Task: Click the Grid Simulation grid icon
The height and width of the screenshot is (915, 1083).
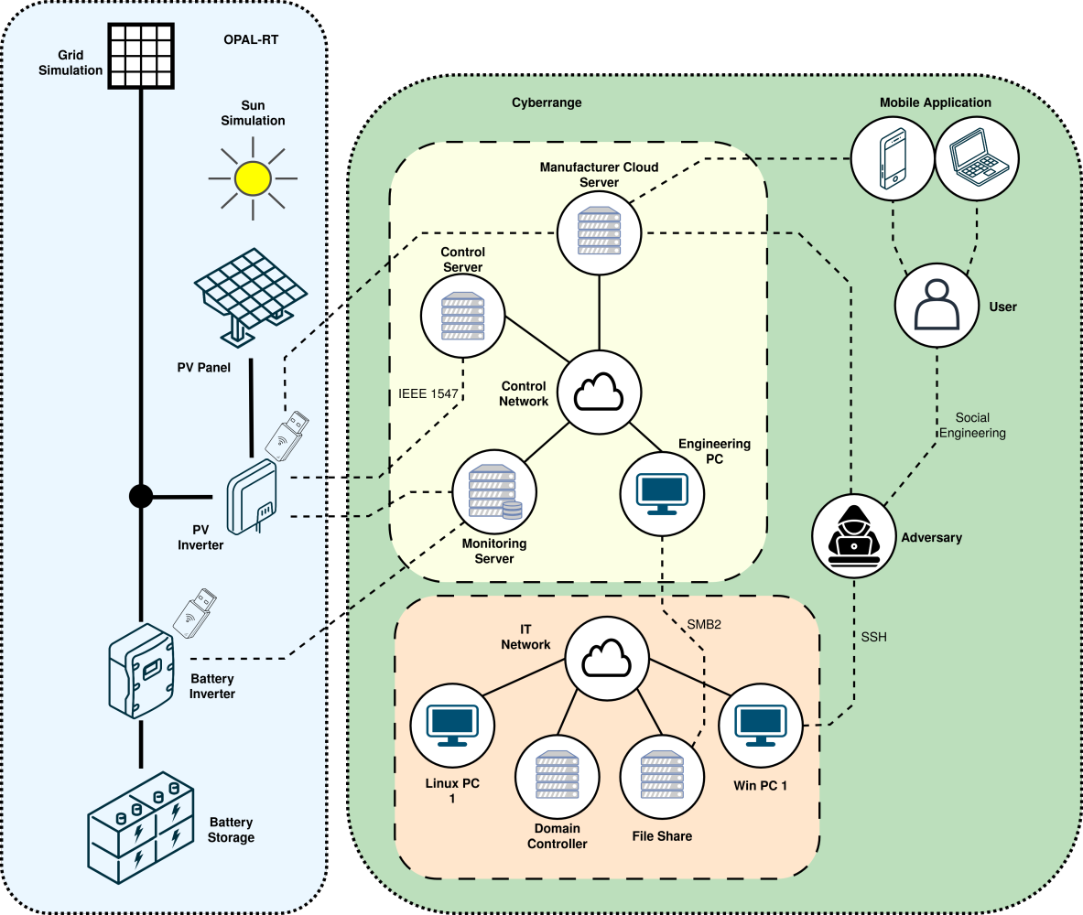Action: pos(141,55)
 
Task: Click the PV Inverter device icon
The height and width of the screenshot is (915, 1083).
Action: pos(252,498)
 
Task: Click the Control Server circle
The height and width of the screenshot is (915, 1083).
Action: pos(463,316)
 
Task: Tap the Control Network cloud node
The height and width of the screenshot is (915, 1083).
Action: pos(599,392)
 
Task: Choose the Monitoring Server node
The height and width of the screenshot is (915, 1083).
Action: pos(494,493)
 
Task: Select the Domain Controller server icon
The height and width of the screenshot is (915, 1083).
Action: pos(557,776)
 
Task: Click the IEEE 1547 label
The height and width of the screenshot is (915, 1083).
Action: pos(428,394)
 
